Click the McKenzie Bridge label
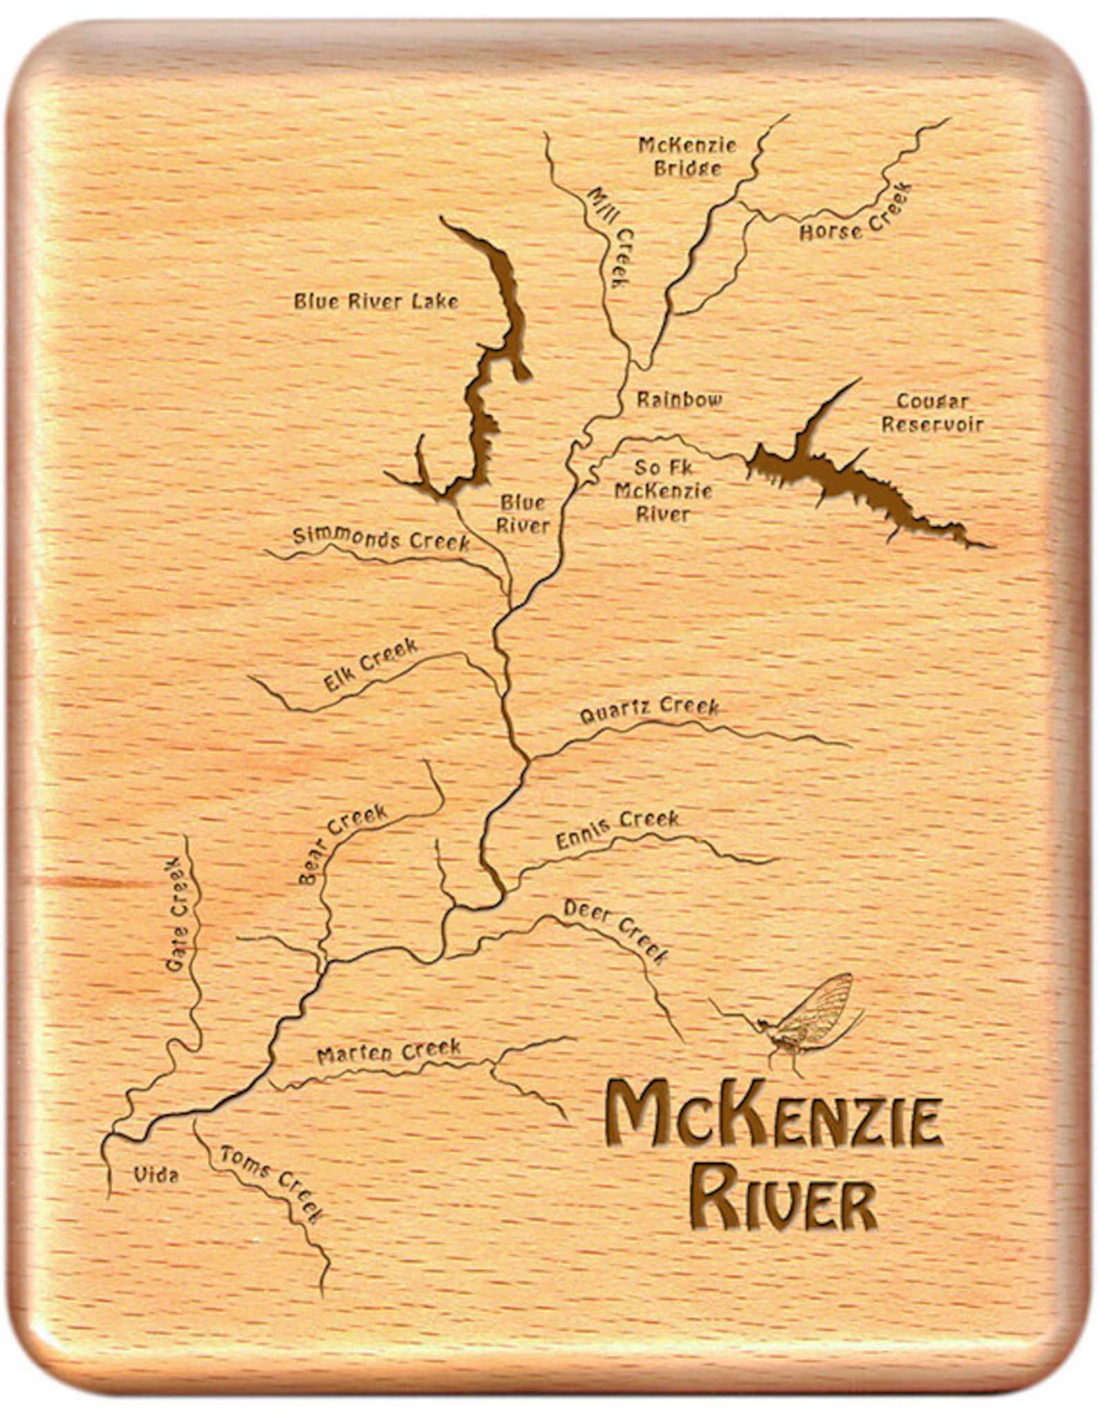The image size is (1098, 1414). click(x=687, y=157)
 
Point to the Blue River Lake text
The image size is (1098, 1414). click(x=376, y=301)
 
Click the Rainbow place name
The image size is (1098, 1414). click(x=679, y=399)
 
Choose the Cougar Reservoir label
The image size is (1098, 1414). click(x=932, y=412)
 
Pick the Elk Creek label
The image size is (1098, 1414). click(x=371, y=664)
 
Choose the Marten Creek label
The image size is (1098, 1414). click(x=389, y=1051)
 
